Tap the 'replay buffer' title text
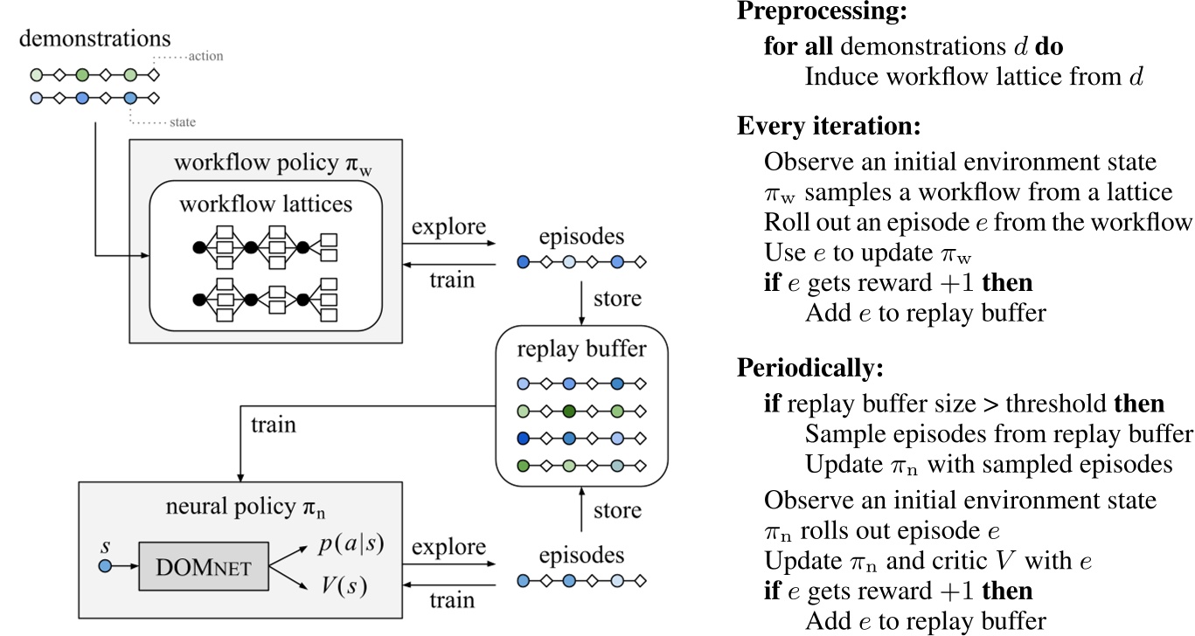point(581,349)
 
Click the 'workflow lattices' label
point(266,205)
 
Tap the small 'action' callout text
point(205,57)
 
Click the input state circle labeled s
point(106,566)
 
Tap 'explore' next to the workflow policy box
point(448,227)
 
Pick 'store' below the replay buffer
point(616,509)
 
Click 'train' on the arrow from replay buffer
point(273,425)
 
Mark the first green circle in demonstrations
point(36,74)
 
